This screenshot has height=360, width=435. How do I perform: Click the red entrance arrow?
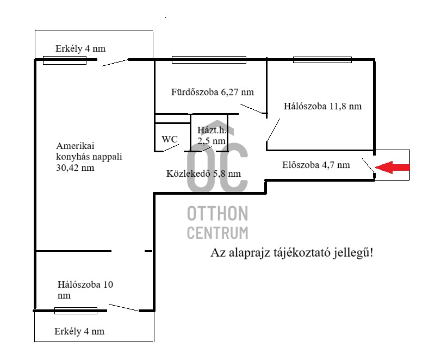point(393,169)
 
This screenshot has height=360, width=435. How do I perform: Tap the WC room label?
point(170,139)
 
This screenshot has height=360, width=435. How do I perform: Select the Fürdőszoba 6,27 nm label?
point(212,92)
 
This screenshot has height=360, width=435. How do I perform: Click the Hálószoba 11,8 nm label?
point(322,107)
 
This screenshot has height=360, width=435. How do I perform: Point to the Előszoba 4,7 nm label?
point(316,165)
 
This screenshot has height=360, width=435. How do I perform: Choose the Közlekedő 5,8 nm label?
point(203,174)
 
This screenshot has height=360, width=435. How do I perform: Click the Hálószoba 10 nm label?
point(85,290)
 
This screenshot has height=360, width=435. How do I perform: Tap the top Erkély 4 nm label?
point(80,49)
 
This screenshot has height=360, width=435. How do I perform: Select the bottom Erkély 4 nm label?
point(80,331)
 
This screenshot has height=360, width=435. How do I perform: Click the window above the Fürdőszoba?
point(209,60)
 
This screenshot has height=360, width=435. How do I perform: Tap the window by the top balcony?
point(64,60)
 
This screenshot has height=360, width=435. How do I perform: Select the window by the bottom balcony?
point(76,311)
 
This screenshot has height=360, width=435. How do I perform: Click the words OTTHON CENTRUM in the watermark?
point(217,222)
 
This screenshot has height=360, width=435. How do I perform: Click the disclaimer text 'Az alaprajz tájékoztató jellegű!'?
point(292,253)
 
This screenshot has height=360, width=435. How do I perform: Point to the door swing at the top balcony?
point(115,63)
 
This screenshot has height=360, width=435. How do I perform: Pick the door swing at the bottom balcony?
point(123,307)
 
